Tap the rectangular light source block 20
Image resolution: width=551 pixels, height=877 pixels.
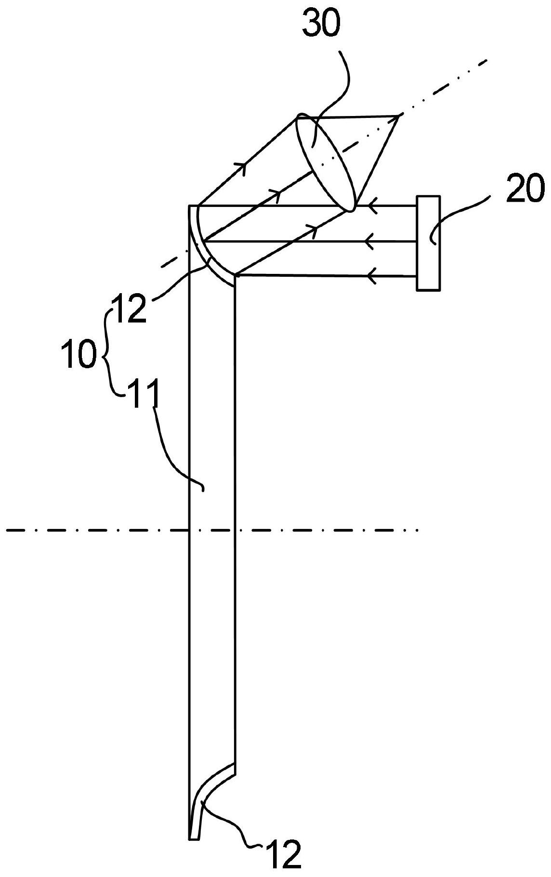click(428, 243)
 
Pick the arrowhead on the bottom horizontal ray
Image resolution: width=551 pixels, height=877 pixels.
click(371, 276)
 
